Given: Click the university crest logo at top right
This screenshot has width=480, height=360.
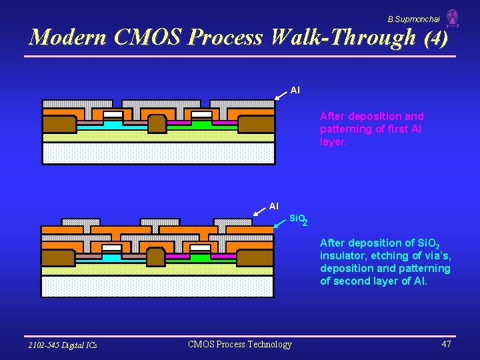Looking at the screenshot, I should [453, 19].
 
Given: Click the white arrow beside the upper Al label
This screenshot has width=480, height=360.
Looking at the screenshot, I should [281, 95].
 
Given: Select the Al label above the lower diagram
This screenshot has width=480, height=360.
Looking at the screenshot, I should [273, 206].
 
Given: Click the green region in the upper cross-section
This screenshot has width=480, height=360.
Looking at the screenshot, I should [201, 124].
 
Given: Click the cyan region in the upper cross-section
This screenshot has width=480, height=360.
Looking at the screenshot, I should [113, 124].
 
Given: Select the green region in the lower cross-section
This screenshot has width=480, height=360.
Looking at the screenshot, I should [200, 257].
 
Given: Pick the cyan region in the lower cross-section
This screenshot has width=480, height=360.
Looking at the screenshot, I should [111, 257].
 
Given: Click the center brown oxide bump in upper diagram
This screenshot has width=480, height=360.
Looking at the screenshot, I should [157, 123].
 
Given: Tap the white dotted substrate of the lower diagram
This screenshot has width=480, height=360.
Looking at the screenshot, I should [157, 286].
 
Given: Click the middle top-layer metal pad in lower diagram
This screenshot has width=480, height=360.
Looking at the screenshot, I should [157, 222].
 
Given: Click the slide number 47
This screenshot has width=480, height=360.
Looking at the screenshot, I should [446, 344].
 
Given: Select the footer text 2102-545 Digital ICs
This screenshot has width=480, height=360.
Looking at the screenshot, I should [63, 345].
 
